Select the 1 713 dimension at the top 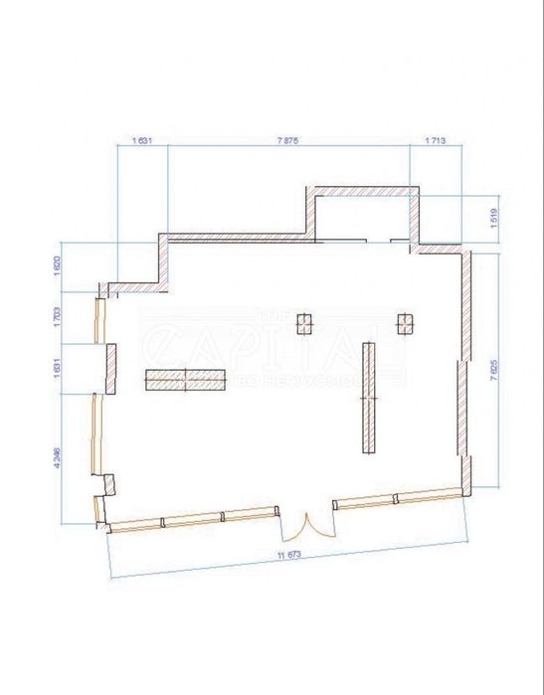435,141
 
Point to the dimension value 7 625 494,369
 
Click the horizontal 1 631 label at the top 142,141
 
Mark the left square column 305,321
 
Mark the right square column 405,321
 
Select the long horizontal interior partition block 186,379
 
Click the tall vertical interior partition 369,398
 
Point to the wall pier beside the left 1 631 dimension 110,367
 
